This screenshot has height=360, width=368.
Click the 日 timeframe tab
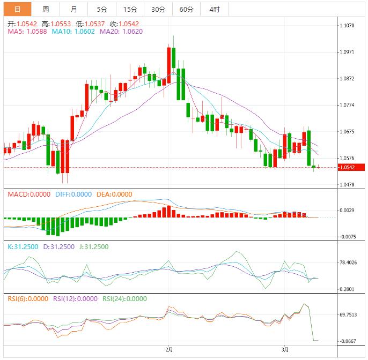17,9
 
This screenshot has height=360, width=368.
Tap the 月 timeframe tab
73,9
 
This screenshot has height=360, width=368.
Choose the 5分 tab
102,9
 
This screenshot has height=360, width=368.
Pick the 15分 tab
130,9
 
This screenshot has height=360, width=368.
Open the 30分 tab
158,9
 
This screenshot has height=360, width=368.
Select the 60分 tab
186,9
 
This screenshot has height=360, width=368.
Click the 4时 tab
215,9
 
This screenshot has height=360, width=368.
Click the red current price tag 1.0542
350,168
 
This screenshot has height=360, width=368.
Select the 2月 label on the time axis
170,350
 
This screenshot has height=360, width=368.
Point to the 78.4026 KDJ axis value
350,262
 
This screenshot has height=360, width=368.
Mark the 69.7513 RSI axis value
350,315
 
